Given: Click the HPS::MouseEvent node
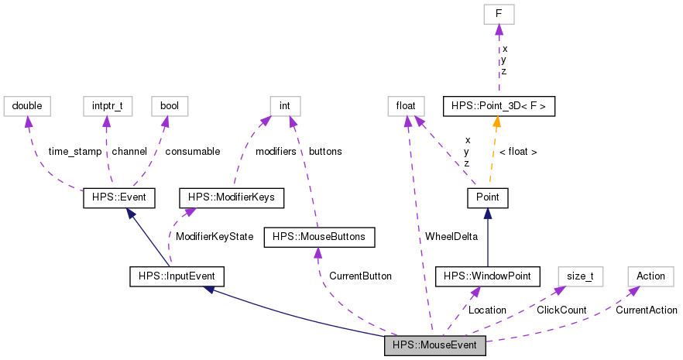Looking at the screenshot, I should pyautogui.click(x=435, y=345).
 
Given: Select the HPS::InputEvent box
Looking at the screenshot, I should pyautogui.click(x=177, y=276).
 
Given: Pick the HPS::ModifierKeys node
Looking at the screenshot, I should pyautogui.click(x=231, y=198).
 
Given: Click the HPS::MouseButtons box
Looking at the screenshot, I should pyautogui.click(x=320, y=237).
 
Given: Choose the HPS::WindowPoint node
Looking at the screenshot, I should pyautogui.click(x=487, y=276).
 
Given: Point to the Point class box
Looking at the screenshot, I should pyautogui.click(x=487, y=198).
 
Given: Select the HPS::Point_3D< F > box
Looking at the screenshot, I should pyautogui.click(x=499, y=105).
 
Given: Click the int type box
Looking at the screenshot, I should pyautogui.click(x=285, y=105).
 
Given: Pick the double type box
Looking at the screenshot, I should pyautogui.click(x=27, y=105).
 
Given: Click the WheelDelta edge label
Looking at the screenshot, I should pyautogui.click(x=451, y=236).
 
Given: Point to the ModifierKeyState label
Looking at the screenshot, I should pyautogui.click(x=215, y=236).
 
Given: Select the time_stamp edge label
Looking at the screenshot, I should pyautogui.click(x=74, y=152).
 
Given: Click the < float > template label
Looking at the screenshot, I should pyautogui.click(x=518, y=152).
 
